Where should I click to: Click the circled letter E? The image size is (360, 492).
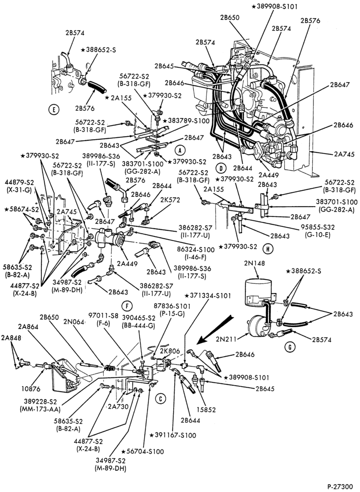click(x=54, y=110)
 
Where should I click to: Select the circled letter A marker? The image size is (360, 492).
click(x=180, y=151)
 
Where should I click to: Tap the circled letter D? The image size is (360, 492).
click(x=221, y=168)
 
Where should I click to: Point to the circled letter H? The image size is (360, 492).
click(x=268, y=249)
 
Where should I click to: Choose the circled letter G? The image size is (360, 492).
click(x=290, y=347)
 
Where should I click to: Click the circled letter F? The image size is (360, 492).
click(x=127, y=306)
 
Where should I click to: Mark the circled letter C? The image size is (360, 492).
click(x=160, y=399)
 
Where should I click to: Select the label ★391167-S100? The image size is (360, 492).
click(x=173, y=435)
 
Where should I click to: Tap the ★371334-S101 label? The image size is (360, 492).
click(x=208, y=295)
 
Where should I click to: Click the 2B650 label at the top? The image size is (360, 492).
click(x=230, y=18)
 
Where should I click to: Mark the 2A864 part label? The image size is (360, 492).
click(x=28, y=327)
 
